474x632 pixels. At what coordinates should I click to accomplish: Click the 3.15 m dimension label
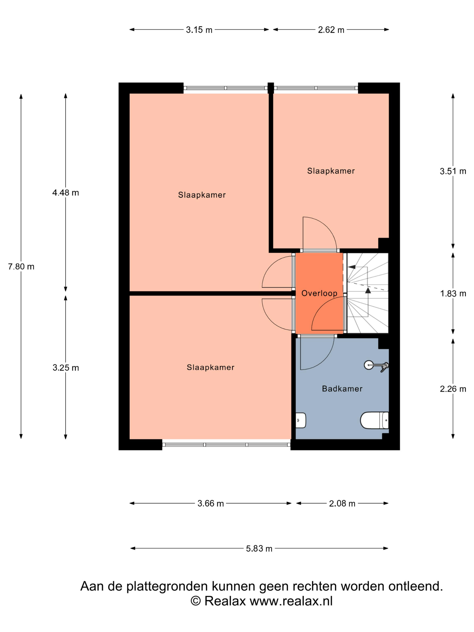tap(199, 30)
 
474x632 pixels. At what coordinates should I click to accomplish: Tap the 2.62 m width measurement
tap(331, 30)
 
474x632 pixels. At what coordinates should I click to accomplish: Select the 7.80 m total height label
tap(21, 267)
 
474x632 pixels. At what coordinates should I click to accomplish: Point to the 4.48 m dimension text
tap(65, 193)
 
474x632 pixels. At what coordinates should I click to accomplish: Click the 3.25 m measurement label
tap(65, 368)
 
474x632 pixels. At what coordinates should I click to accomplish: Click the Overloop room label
tap(319, 293)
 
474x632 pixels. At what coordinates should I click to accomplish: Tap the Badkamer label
tap(342, 389)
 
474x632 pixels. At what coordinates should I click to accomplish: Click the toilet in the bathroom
tap(374, 421)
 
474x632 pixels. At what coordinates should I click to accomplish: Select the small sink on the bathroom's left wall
tap(301, 420)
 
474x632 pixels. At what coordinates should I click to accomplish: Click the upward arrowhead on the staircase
tap(368, 290)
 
